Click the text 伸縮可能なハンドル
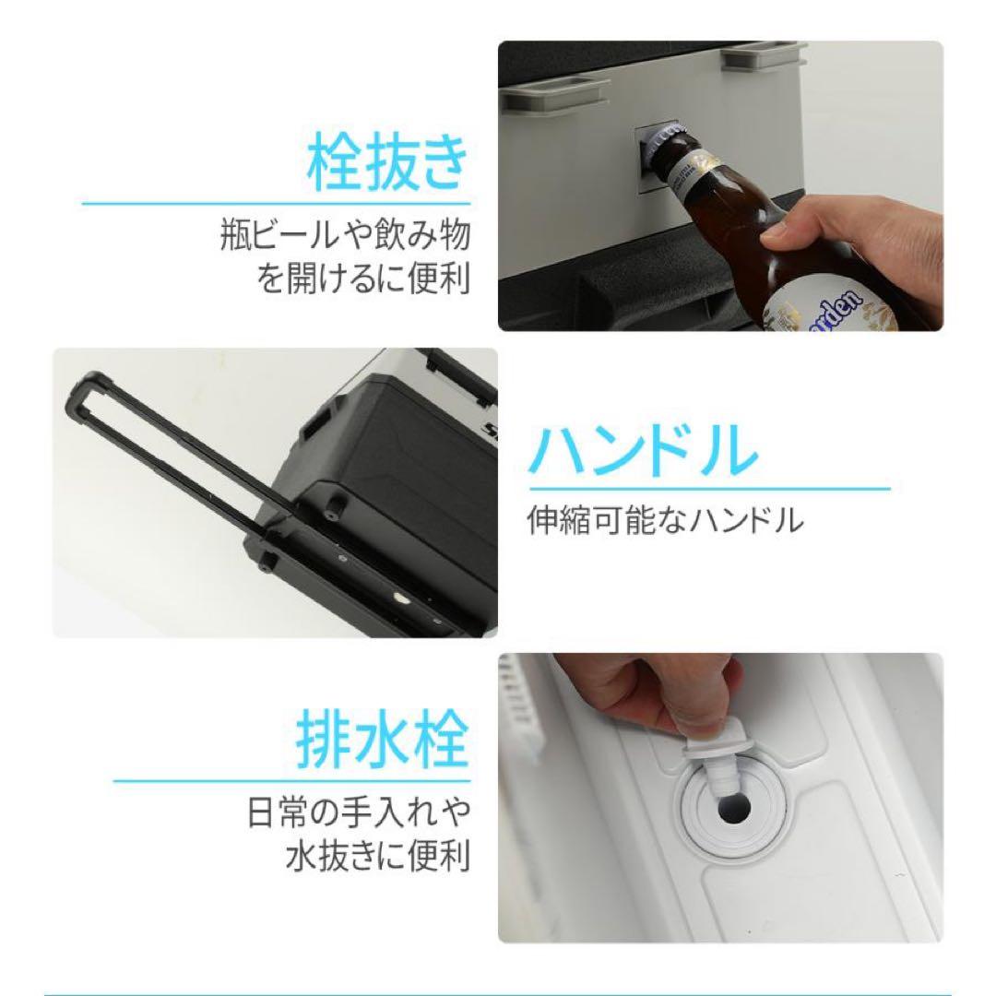[665, 523]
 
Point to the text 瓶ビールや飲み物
[346, 236]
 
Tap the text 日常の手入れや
[359, 815]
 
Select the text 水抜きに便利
[375, 857]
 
